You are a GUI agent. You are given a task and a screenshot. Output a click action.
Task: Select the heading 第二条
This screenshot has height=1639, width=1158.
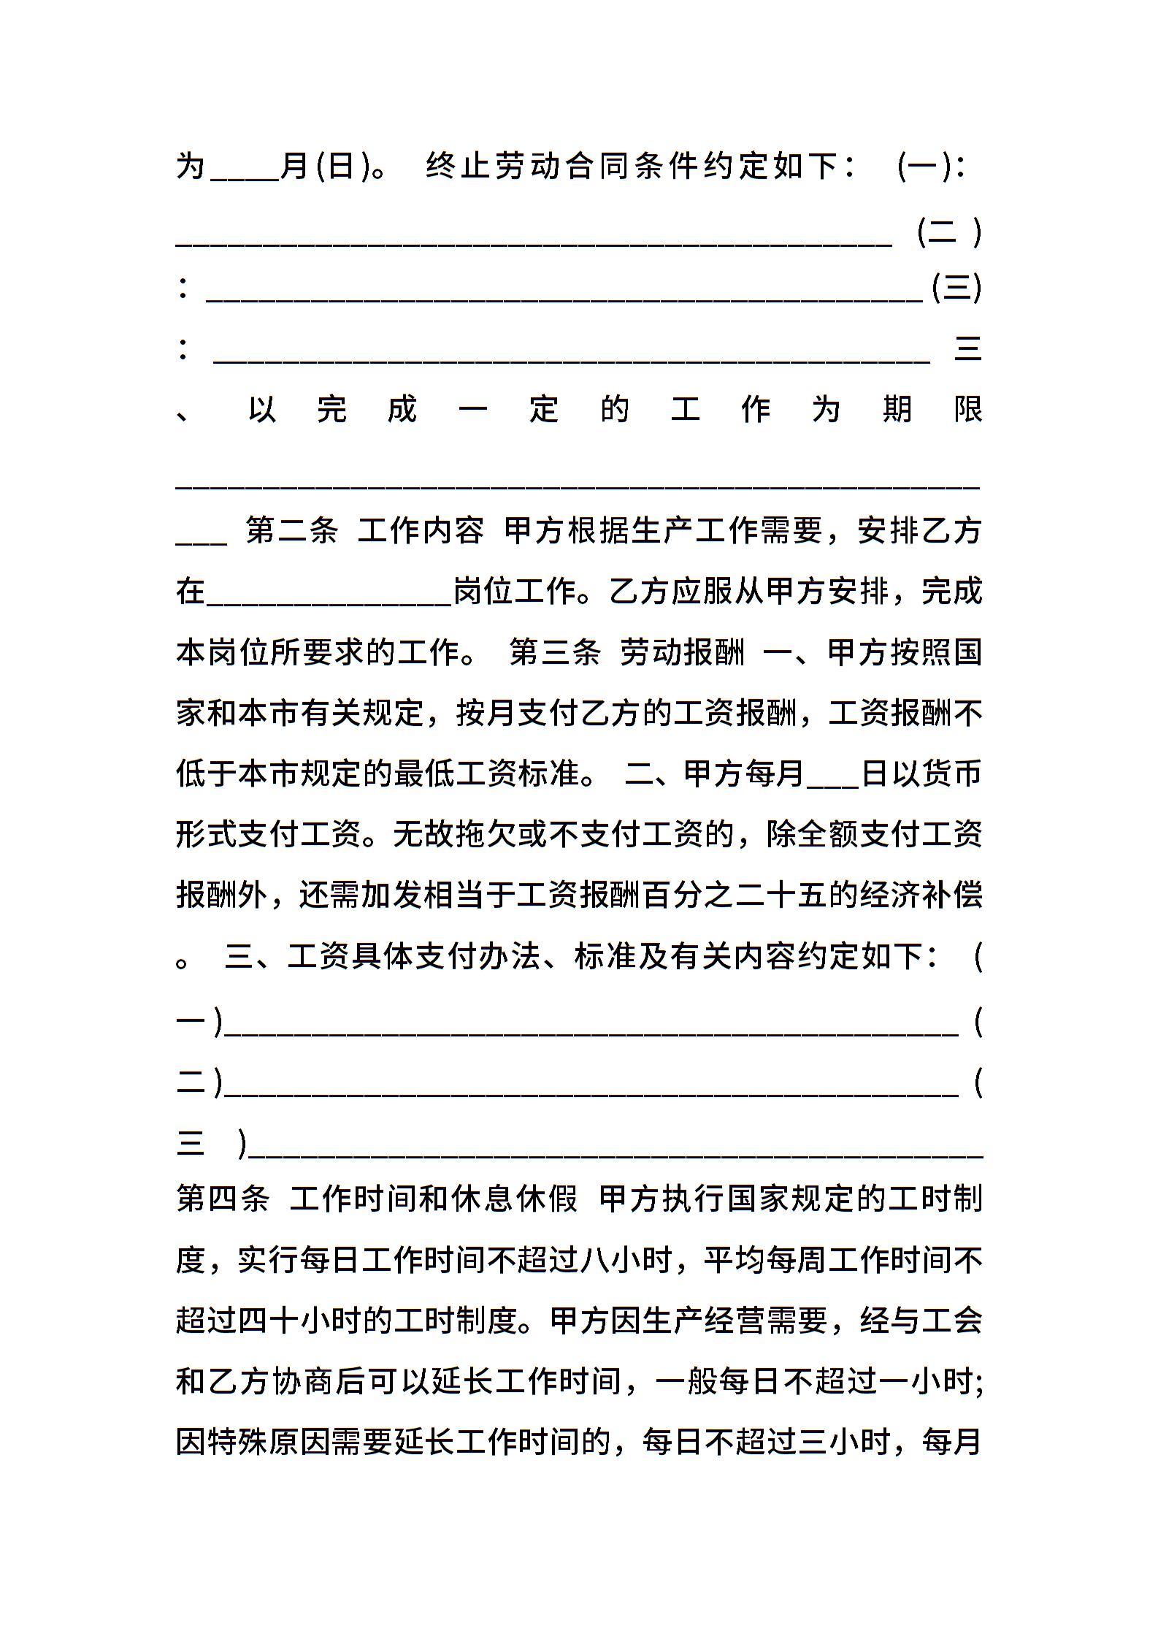[291, 531]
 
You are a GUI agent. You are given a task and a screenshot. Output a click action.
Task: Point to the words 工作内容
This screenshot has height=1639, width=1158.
[421, 531]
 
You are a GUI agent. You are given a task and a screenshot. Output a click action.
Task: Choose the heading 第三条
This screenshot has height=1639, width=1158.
[555, 652]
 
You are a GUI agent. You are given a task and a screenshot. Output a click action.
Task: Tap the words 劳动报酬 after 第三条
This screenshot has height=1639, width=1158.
[683, 652]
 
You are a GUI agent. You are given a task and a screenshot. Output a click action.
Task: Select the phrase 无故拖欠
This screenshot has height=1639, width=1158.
[455, 835]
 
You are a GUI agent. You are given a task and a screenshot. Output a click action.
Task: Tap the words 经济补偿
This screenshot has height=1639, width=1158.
[921, 895]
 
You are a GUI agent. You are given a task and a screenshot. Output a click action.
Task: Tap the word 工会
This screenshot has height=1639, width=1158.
[952, 1321]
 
